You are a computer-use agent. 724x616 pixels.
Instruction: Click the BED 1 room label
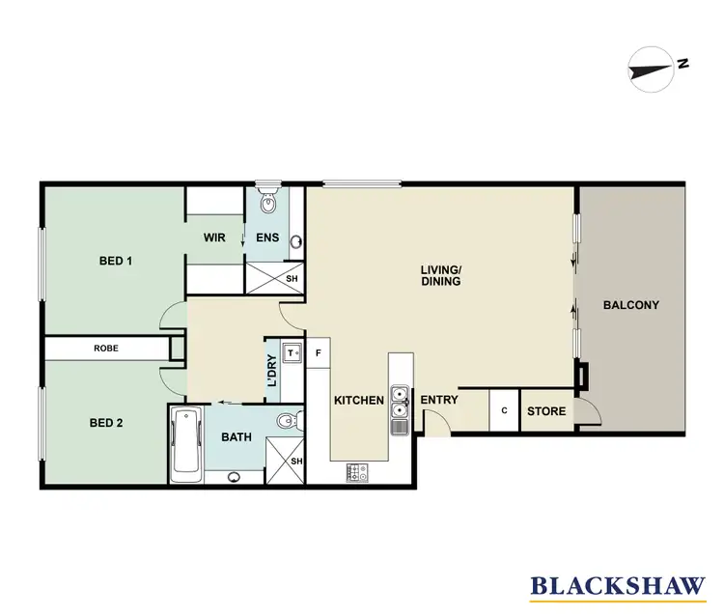click(115, 261)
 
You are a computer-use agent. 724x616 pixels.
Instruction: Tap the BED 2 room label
click(105, 423)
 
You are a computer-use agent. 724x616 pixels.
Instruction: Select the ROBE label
click(106, 348)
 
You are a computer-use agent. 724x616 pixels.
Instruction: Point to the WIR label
click(213, 238)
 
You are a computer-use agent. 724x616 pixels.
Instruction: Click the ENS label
click(266, 238)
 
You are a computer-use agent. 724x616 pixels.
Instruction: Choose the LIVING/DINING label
click(440, 275)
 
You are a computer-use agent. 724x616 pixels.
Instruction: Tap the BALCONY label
click(630, 305)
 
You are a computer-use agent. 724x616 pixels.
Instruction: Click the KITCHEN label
click(359, 400)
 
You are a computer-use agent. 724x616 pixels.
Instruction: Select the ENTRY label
click(438, 400)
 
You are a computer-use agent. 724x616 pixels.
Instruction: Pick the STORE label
click(546, 411)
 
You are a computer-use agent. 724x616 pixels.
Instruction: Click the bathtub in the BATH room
click(185, 444)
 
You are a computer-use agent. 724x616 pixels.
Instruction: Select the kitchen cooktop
click(357, 473)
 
